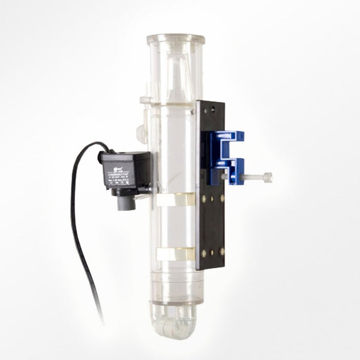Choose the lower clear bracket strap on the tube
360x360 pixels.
pyautogui.click(x=175, y=254)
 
